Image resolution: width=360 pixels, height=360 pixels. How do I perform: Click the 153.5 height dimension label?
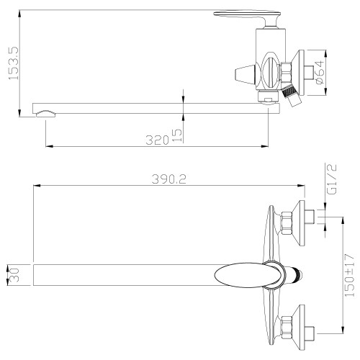click(14, 63)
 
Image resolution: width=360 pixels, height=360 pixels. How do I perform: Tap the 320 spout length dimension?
click(157, 140)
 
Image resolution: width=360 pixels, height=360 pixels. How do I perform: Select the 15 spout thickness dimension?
click(177, 135)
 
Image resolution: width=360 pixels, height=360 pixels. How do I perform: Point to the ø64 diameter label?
click(320, 73)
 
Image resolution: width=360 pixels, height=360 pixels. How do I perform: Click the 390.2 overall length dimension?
click(169, 179)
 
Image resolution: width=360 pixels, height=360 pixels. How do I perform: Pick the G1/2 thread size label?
click(332, 179)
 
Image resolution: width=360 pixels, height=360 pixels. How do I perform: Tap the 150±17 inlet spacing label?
click(349, 275)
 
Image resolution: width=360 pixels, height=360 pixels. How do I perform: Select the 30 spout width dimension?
click(14, 275)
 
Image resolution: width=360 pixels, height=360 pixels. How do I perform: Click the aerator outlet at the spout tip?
click(45, 114)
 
